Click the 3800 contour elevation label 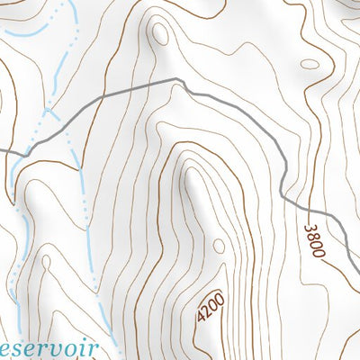(x=313, y=240)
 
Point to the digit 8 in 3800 (x=311, y=237)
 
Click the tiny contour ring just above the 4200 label (x=220, y=245)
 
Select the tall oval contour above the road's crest (x=160, y=33)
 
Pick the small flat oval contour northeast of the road (x=309, y=64)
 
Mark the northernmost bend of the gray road (x=175, y=80)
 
